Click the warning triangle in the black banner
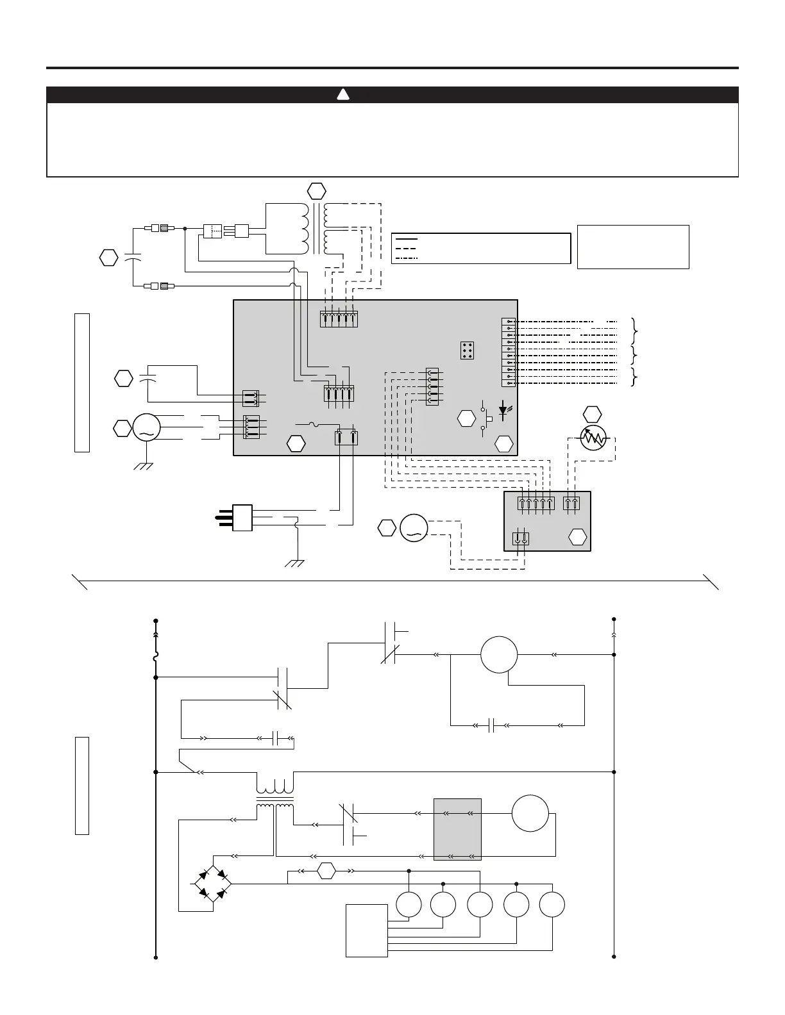(x=343, y=95)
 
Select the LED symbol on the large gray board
(x=502, y=408)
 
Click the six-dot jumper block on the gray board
(x=467, y=350)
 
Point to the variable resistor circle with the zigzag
(x=593, y=438)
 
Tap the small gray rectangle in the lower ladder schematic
(x=457, y=829)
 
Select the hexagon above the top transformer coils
(x=316, y=190)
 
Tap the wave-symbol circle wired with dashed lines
(x=412, y=527)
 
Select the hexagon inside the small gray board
(x=578, y=537)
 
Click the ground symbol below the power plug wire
(x=296, y=563)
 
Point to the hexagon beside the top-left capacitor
(x=109, y=258)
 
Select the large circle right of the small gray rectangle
(x=530, y=813)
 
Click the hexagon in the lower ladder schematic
(x=326, y=871)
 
